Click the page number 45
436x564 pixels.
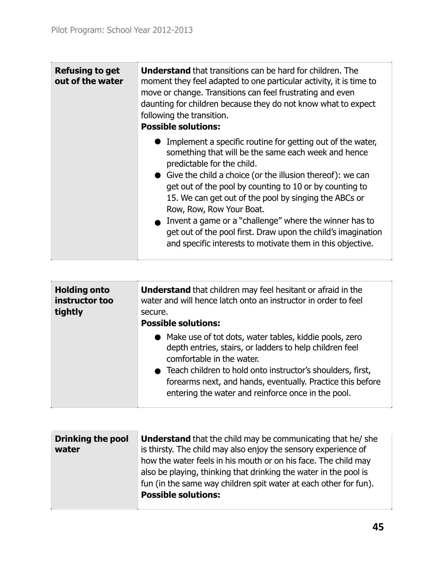pyautogui.click(x=378, y=527)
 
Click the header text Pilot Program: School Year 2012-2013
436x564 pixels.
pyautogui.click(x=122, y=30)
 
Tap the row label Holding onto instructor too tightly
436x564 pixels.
pyautogui.click(x=84, y=301)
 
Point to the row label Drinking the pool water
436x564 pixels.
pyautogui.click(x=91, y=444)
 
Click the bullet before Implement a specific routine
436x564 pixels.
pyautogui.click(x=158, y=142)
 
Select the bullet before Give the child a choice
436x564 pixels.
pyautogui.click(x=158, y=175)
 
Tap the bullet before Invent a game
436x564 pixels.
pyautogui.click(x=158, y=222)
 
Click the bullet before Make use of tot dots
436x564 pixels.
pyautogui.click(x=158, y=338)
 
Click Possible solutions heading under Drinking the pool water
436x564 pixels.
pyautogui.click(x=181, y=495)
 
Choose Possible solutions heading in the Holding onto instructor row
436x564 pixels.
pyautogui.click(x=181, y=323)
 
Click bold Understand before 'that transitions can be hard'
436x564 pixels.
pyautogui.click(x=166, y=71)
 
